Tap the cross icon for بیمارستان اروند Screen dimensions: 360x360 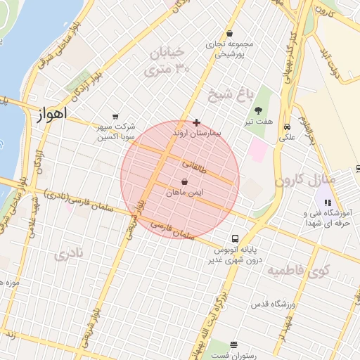(x=196, y=122)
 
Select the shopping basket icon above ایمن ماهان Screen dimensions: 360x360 (x=184, y=181)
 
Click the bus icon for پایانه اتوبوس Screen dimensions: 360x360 (x=236, y=238)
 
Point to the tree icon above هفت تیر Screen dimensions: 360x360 (x=259, y=110)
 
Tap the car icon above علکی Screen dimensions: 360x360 (x=287, y=127)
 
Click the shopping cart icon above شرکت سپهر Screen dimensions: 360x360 (x=115, y=117)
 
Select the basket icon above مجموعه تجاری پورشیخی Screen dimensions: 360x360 (x=229, y=34)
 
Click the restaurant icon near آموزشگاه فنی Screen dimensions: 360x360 (x=327, y=202)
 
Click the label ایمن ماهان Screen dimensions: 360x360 (x=185, y=192)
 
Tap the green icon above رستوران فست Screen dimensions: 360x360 (x=233, y=345)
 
